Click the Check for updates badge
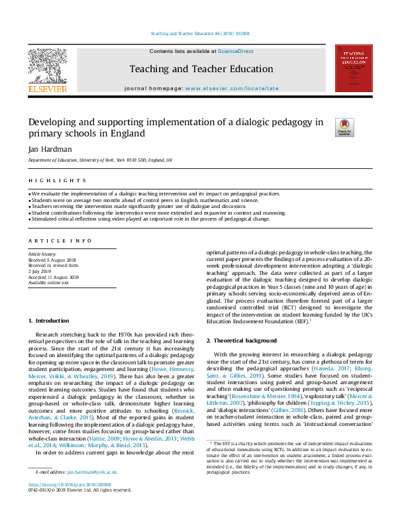pyautogui.click(x=344, y=127)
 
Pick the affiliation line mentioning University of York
pyautogui.click(x=100, y=160)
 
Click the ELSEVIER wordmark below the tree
pyautogui.click(x=47, y=89)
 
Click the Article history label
pyautogui.click(x=41, y=254)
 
